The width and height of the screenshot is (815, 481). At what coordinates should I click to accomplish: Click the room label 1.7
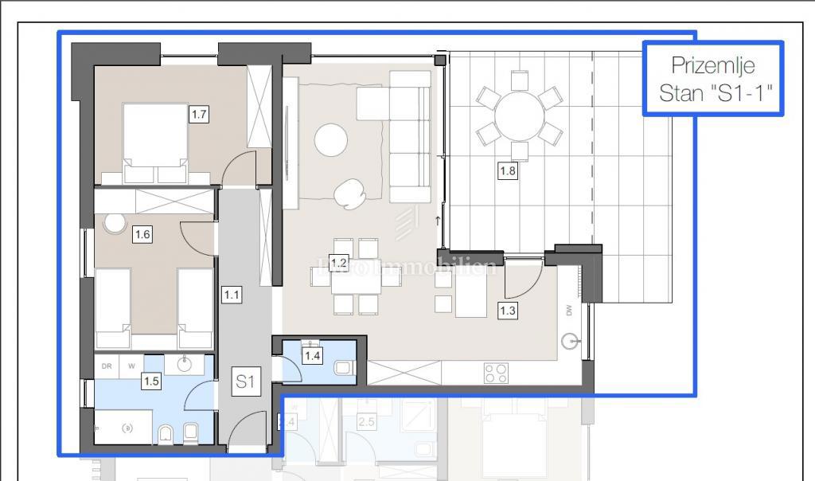[198, 115]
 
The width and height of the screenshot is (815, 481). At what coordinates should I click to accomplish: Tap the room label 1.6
[142, 234]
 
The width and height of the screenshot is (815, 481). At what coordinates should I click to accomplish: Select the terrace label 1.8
[508, 170]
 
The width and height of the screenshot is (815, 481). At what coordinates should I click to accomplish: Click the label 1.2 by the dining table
[339, 262]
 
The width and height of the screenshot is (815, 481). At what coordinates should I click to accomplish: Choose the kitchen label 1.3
[508, 311]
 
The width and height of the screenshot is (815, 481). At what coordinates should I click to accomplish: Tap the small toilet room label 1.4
[313, 356]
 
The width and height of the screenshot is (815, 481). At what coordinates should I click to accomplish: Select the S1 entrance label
[246, 383]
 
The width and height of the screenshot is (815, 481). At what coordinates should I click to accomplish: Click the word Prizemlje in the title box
[712, 65]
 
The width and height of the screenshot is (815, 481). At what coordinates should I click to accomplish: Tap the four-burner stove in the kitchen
[497, 373]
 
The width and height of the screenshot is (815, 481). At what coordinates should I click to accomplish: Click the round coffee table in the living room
[331, 141]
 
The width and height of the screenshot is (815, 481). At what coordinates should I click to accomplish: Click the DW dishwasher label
[570, 312]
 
